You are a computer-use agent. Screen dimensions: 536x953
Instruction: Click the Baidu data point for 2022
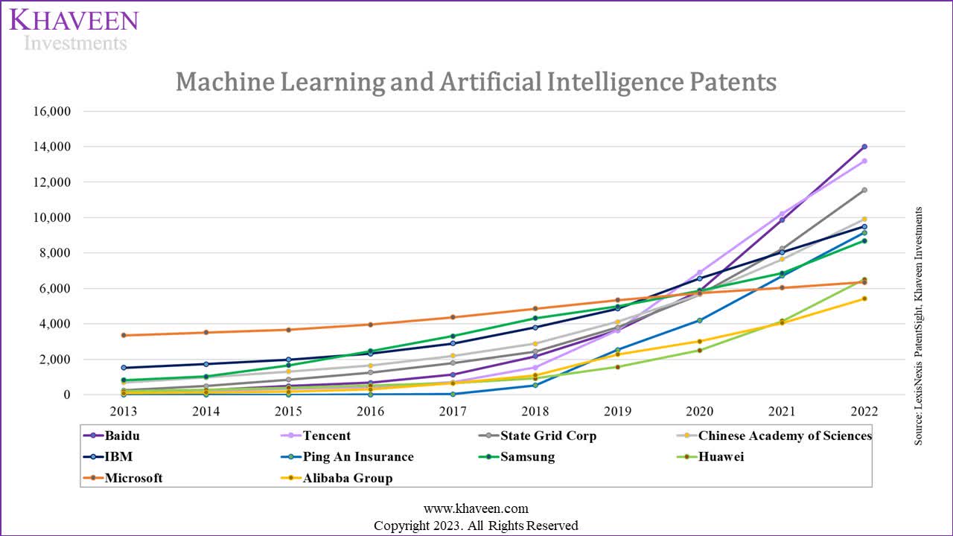[x=864, y=147]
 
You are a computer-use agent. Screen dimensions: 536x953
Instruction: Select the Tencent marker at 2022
[x=864, y=161]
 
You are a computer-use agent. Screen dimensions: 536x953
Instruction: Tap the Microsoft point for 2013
[x=124, y=335]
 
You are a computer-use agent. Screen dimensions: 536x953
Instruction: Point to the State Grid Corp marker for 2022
[x=864, y=190]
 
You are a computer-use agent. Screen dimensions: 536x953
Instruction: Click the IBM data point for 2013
[x=124, y=368]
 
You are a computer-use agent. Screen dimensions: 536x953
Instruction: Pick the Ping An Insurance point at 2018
[x=535, y=385]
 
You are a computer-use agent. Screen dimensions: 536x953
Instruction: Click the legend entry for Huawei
[x=720, y=457]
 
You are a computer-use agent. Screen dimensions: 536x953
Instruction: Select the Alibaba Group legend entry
[x=347, y=478]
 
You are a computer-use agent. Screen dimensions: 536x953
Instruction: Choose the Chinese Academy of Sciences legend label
[x=785, y=435]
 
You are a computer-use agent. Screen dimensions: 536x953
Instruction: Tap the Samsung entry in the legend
[x=527, y=457]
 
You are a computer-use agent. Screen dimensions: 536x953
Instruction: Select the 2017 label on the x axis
[x=453, y=412]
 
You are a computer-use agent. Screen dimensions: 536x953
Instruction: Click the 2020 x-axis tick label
[x=699, y=412]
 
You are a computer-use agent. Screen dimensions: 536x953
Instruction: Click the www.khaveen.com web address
[x=476, y=508]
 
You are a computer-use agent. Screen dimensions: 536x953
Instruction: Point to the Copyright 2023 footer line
[x=476, y=525]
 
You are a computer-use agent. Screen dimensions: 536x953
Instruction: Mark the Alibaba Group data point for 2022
[x=864, y=299]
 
